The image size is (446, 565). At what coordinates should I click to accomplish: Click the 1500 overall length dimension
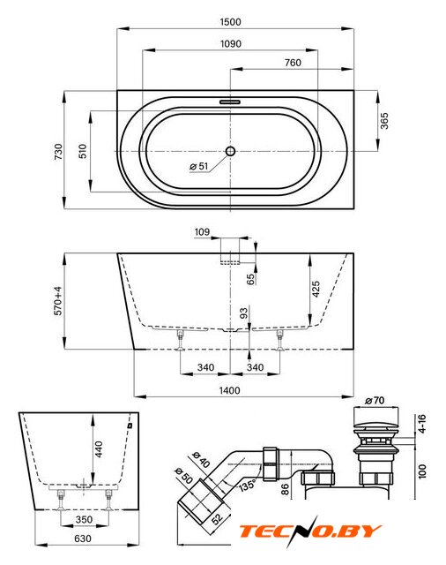coord(231,22)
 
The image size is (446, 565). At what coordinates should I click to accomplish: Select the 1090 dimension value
coord(231,44)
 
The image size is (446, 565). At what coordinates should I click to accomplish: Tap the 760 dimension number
coord(293,63)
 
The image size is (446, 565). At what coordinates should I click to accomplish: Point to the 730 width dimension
coord(58,152)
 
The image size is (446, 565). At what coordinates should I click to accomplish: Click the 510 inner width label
coord(83,151)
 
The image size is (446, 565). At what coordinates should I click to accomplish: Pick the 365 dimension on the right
coord(384,121)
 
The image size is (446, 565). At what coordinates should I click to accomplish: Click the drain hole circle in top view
coord(230,151)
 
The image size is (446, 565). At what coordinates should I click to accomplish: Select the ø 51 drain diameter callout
coord(199,166)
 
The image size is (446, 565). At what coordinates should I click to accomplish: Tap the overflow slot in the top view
coord(230,102)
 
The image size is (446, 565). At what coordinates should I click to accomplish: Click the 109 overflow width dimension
coord(202,232)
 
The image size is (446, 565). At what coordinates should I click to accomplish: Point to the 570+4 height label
coord(58,301)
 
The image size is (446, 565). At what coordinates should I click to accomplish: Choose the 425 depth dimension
coord(316,290)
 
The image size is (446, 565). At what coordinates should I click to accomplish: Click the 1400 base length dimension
coord(229,390)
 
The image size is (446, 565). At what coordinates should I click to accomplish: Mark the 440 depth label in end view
coord(99,449)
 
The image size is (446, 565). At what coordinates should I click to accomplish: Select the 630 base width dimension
coord(83,539)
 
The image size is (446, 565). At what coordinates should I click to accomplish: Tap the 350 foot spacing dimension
coord(84,520)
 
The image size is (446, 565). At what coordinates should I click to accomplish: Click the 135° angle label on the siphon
coord(248,485)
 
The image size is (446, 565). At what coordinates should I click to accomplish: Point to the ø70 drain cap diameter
coord(375,400)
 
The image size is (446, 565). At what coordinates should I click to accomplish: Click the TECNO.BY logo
coord(310,531)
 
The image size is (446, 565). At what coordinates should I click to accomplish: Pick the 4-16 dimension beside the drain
coord(421,424)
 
